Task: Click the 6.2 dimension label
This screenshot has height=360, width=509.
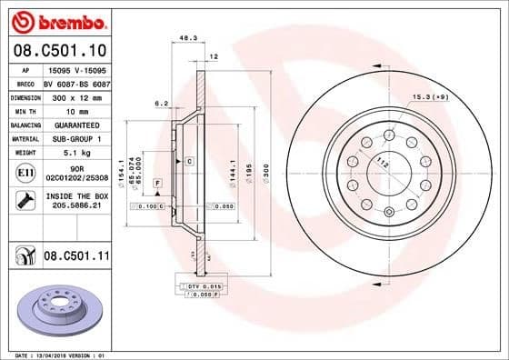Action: (161, 103)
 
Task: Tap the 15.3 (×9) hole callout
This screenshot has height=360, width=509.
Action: (429, 96)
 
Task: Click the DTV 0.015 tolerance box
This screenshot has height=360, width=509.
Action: (202, 287)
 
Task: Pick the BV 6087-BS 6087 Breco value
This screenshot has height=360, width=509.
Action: (75, 80)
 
